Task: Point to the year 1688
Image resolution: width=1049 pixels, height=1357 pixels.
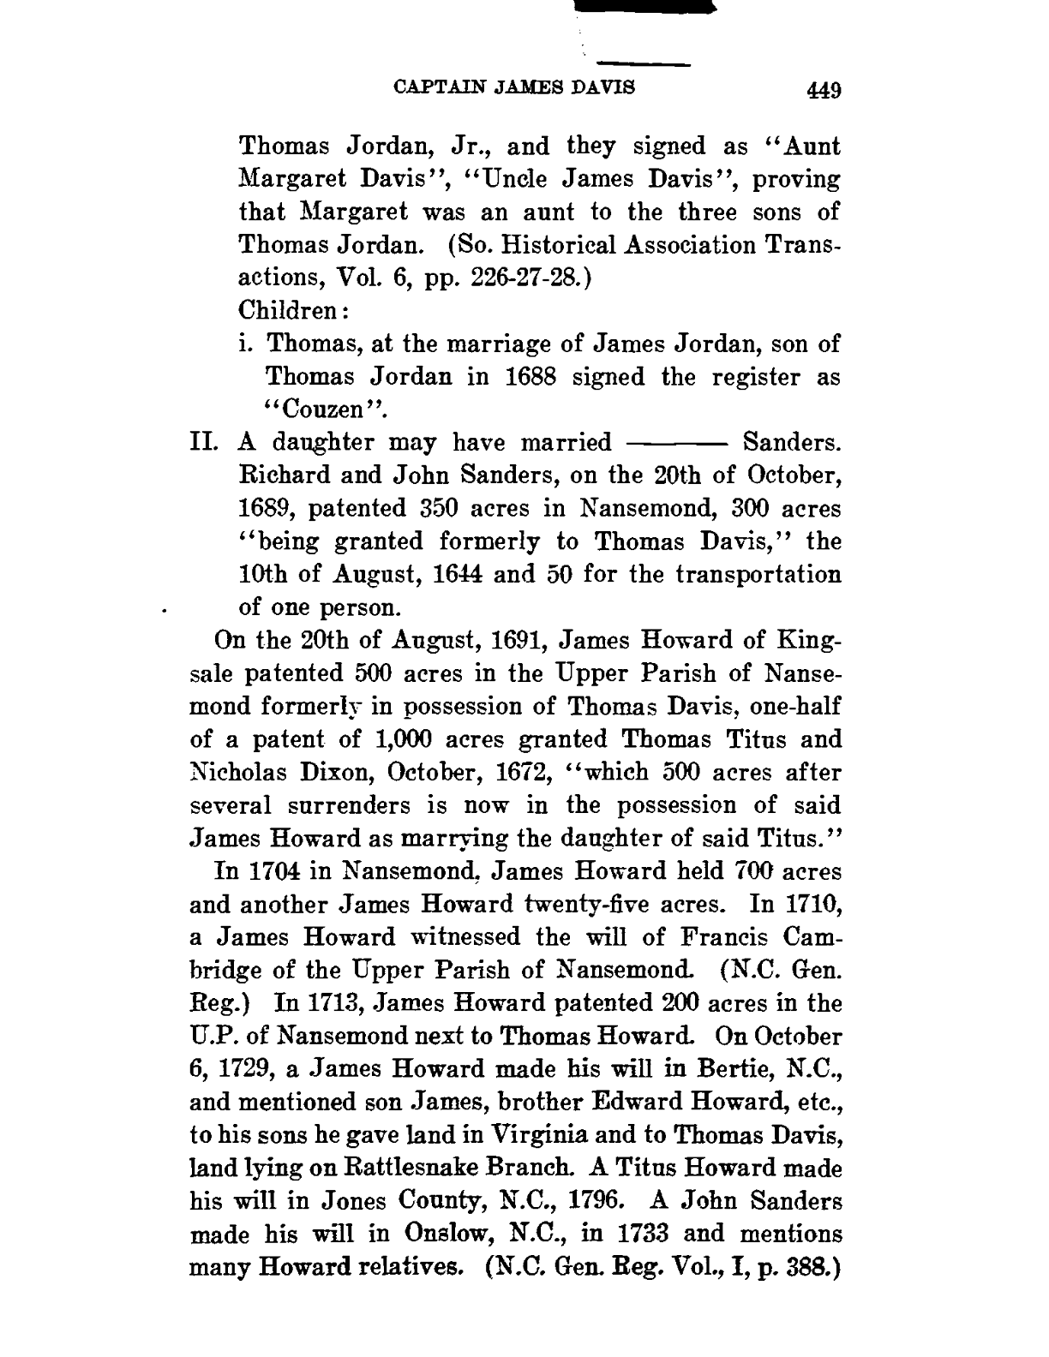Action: pos(522,378)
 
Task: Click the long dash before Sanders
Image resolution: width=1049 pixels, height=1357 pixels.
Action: pos(677,444)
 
